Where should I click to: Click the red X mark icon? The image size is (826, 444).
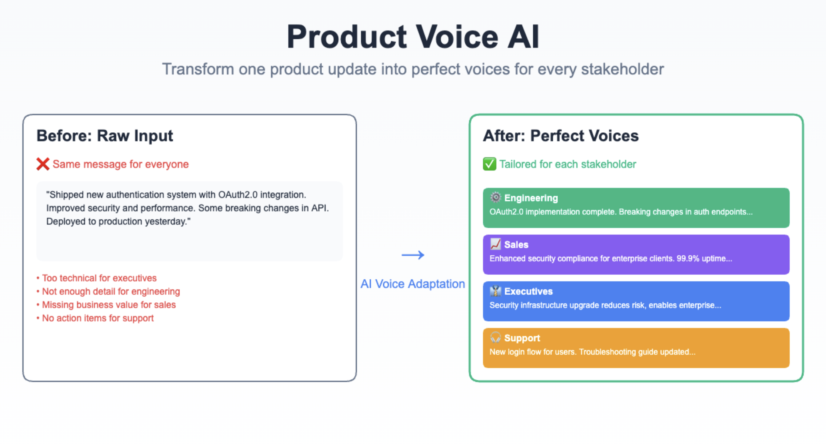pyautogui.click(x=43, y=164)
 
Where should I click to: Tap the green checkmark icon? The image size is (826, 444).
pyautogui.click(x=489, y=164)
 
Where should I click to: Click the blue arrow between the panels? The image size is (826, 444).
pyautogui.click(x=413, y=255)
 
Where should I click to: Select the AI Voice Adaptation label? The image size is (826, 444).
pyautogui.click(x=413, y=284)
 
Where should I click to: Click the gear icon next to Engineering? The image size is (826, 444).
pyautogui.click(x=495, y=198)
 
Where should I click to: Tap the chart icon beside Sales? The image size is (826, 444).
pyautogui.click(x=495, y=244)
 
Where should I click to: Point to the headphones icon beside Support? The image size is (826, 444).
pyautogui.click(x=495, y=338)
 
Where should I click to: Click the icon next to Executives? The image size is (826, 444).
pyautogui.click(x=495, y=291)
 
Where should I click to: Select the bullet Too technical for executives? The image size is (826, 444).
pyautogui.click(x=99, y=278)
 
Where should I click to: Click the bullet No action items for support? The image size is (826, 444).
pyautogui.click(x=97, y=318)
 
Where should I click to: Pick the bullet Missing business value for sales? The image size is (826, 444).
pyautogui.click(x=109, y=305)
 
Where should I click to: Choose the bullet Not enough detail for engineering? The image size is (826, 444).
pyautogui.click(x=111, y=291)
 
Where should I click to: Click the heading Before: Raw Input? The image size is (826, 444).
pyautogui.click(x=104, y=136)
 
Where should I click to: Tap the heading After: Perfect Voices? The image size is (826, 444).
pyautogui.click(x=560, y=136)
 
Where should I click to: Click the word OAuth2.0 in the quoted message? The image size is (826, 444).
pyautogui.click(x=237, y=195)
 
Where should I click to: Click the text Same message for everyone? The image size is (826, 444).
pyautogui.click(x=120, y=164)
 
